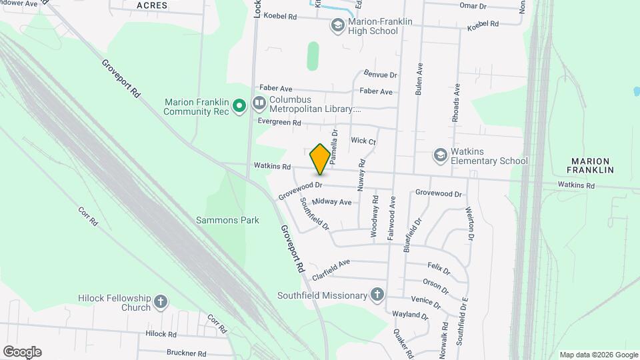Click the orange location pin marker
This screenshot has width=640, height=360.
[x=320, y=159]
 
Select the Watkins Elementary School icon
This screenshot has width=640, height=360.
[x=439, y=155]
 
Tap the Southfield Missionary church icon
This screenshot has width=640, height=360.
[x=377, y=295]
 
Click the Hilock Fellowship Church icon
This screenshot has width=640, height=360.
[x=160, y=302]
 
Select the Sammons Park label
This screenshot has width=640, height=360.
[x=227, y=219]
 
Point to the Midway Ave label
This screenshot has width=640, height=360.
[x=336, y=202]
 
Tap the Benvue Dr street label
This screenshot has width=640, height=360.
[x=381, y=75]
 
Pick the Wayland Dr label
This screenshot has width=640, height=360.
[x=410, y=314]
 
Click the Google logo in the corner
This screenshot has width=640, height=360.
[x=22, y=352]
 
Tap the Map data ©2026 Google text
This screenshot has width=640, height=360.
[x=599, y=355]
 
